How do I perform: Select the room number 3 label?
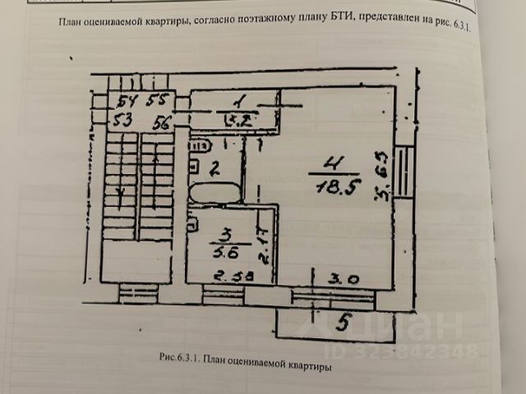(x=218, y=227)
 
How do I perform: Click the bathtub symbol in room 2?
(x=215, y=195)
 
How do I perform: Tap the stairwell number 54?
(x=127, y=102)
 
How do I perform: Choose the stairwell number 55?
(x=157, y=103)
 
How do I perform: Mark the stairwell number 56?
(x=159, y=121)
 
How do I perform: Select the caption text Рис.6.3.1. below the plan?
(x=180, y=358)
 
